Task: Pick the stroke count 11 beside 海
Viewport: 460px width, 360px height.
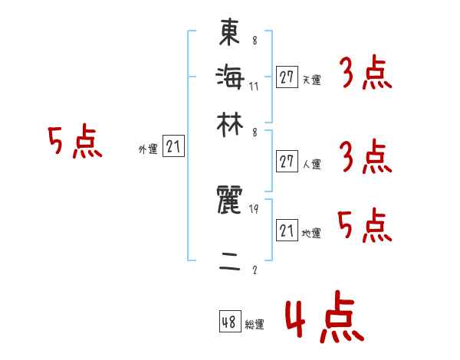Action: point(255,86)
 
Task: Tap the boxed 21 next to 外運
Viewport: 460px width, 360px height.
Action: point(173,147)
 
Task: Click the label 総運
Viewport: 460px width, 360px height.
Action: point(255,325)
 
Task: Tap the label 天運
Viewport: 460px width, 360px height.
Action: point(311,80)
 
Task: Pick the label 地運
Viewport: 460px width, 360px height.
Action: point(311,234)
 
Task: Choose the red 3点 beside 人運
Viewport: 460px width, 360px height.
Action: point(364,157)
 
